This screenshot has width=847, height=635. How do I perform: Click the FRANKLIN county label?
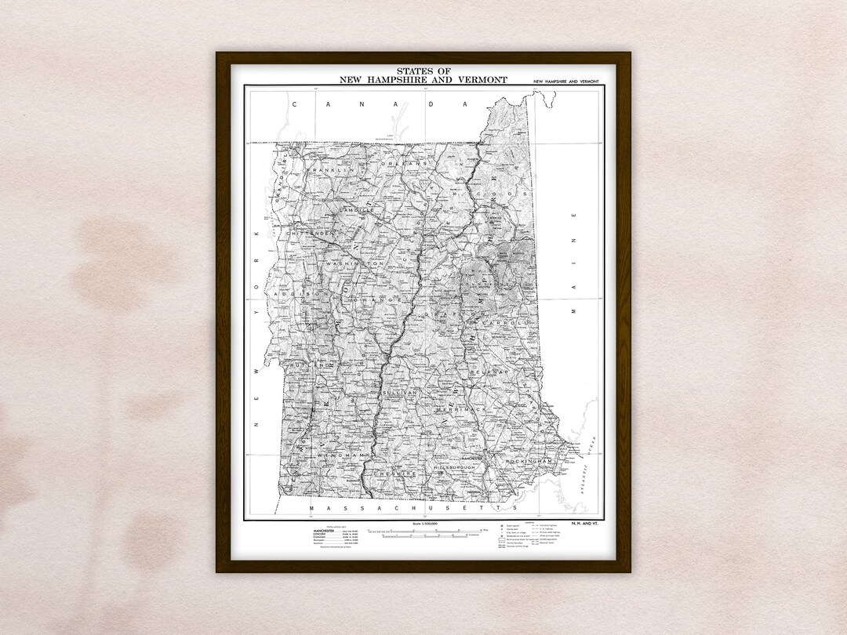coord(332,170)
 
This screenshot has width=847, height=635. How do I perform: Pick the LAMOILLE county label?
coord(360,212)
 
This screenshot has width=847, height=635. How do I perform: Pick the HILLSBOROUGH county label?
coord(456,467)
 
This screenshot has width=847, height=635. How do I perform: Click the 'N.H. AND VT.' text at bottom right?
coord(585,524)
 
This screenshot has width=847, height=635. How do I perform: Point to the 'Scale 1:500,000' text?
coord(424,524)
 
